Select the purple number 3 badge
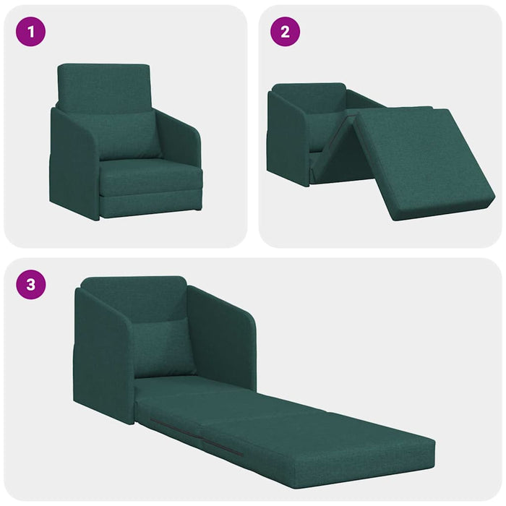pos(30,284)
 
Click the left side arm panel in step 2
pos(287,137)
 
